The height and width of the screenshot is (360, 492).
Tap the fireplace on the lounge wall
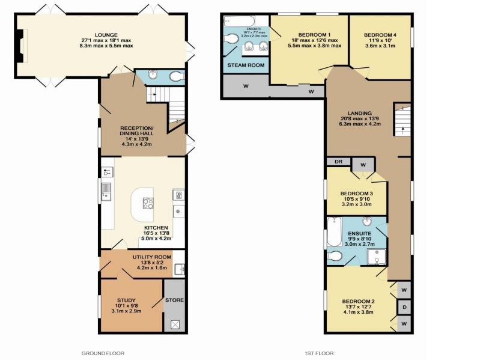click(22, 47)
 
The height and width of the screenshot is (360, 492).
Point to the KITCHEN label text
click(156, 228)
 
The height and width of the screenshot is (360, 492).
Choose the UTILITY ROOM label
click(151, 257)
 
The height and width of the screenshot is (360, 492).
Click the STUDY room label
click(126, 300)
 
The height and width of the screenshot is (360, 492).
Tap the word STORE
click(175, 300)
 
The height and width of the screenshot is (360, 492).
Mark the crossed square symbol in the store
click(175, 324)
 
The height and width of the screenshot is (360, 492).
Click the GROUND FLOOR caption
click(103, 353)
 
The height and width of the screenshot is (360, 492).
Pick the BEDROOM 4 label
click(380, 35)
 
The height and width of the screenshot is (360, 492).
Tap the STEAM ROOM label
click(245, 65)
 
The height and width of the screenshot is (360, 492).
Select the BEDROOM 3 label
click(357, 193)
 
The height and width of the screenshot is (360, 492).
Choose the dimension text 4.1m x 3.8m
click(359, 311)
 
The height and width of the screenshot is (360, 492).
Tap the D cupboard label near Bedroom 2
click(404, 307)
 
